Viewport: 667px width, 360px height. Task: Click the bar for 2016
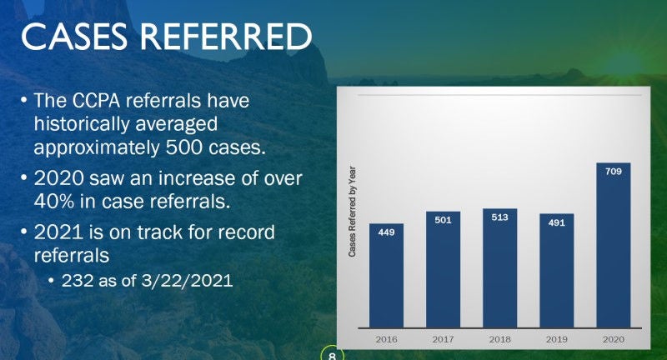point(386,276)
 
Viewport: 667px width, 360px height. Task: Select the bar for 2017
point(444,269)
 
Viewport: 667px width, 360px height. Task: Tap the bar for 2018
point(499,268)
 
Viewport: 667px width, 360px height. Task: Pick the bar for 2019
point(557,271)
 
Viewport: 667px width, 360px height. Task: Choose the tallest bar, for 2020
point(614,245)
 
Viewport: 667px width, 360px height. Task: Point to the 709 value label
point(614,172)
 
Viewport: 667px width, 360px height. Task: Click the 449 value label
point(386,232)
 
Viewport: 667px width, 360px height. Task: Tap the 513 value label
point(499,217)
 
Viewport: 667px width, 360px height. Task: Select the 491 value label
point(557,222)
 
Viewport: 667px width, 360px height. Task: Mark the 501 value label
point(444,220)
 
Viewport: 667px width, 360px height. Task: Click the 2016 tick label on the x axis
point(386,340)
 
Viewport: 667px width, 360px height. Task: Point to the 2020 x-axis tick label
point(614,340)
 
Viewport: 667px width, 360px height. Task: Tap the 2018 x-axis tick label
point(499,340)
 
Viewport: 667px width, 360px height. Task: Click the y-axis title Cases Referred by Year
point(352,211)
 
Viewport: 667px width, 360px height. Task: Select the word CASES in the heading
point(74,36)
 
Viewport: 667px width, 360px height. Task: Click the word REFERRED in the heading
point(226,36)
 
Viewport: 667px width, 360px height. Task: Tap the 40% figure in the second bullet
point(54,202)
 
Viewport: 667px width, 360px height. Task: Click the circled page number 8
point(332,356)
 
